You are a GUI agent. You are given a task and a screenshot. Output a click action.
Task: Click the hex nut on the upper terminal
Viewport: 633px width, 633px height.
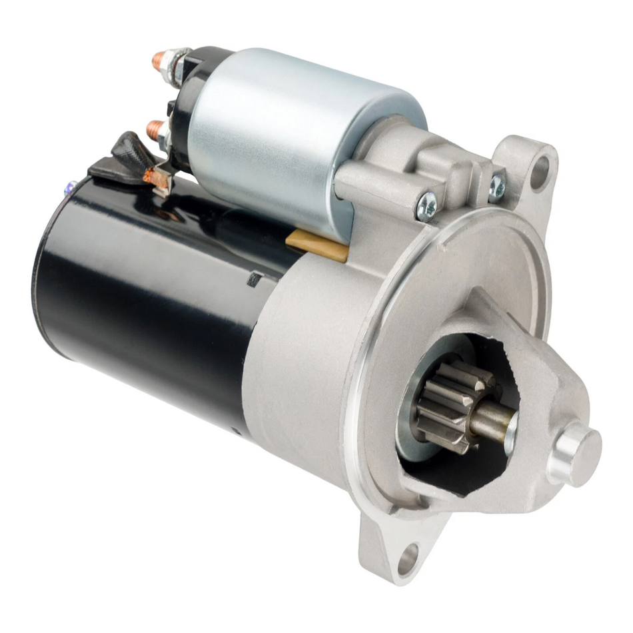[x=178, y=65]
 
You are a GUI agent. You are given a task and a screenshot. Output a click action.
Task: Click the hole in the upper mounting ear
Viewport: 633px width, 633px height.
[x=538, y=170]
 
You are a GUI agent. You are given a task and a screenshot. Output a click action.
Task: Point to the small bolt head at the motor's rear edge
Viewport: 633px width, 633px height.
[x=69, y=189]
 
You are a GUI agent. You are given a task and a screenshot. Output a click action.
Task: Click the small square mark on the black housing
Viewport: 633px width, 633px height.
[x=254, y=279]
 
